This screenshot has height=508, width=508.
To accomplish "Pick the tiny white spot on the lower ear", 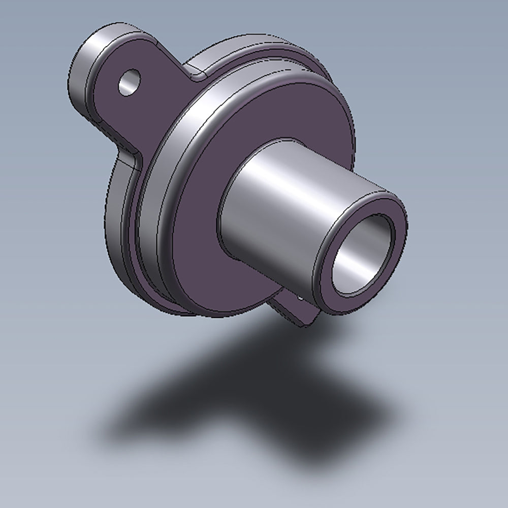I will click(301, 299).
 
